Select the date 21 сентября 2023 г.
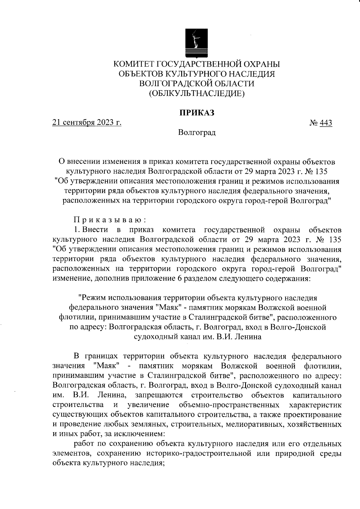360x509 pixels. (x=87, y=122)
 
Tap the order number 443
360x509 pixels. (x=326, y=123)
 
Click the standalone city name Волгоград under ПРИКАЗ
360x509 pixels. (x=196, y=132)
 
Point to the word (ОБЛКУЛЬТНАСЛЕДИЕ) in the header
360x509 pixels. (x=196, y=94)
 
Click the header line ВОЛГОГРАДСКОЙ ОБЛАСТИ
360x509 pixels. (x=196, y=84)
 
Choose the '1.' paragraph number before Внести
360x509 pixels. (x=76, y=230)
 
